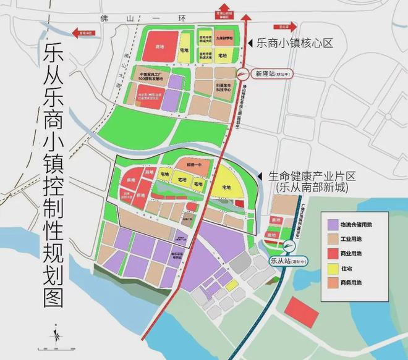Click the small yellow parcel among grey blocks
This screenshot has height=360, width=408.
[232, 285]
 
